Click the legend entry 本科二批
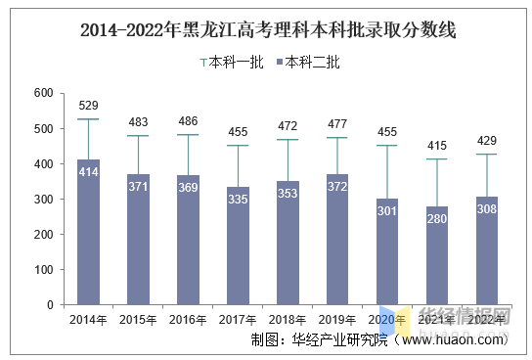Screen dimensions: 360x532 (x=309, y=63)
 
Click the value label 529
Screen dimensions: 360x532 (x=89, y=106)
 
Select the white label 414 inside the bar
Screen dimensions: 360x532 (x=89, y=172)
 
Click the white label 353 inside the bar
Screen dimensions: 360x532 (x=288, y=194)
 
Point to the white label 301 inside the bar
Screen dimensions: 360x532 (x=387, y=212)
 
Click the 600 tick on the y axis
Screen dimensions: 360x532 (x=43, y=93)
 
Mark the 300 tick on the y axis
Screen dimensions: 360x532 (x=43, y=200)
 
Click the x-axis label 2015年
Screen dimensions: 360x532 (x=139, y=320)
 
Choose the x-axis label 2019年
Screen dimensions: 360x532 (x=337, y=320)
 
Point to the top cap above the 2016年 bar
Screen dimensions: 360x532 (x=189, y=135)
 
